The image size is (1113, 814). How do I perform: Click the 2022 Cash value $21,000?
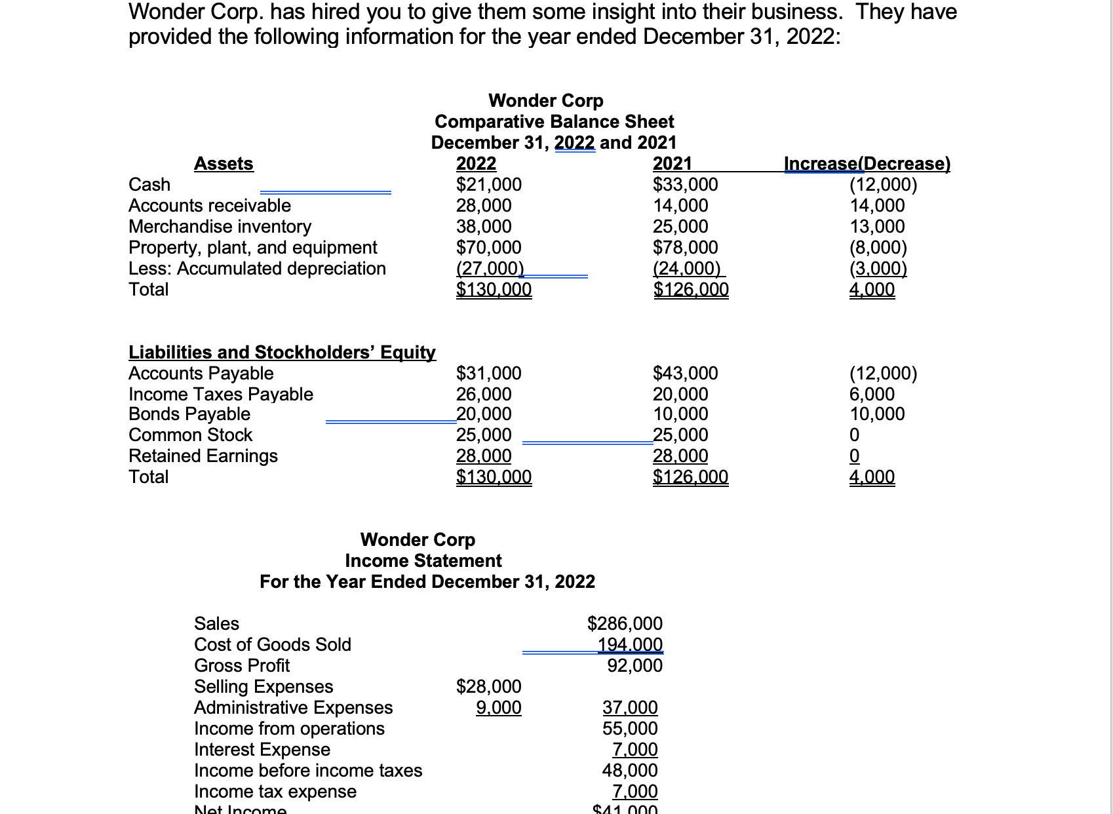488,185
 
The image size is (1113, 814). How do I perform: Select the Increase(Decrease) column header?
867,163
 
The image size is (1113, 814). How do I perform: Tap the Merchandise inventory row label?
220,227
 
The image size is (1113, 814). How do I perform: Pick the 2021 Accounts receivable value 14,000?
680,206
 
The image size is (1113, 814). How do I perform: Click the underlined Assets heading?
224,163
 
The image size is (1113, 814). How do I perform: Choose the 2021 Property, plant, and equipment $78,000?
685,248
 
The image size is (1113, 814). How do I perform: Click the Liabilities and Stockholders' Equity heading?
282,353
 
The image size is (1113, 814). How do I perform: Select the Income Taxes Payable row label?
220,395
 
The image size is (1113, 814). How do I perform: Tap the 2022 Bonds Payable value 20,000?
483,414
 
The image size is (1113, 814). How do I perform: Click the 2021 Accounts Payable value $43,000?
685,374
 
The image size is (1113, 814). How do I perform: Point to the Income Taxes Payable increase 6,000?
871,395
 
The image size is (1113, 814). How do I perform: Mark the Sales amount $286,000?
624,624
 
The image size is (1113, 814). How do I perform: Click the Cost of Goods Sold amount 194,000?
629,645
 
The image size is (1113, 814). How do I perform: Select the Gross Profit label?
241,666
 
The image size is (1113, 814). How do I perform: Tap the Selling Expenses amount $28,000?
488,687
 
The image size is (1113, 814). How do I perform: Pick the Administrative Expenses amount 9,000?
498,708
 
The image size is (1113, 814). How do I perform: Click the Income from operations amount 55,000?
629,729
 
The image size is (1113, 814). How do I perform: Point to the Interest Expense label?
262,750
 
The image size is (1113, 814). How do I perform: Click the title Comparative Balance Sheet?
554,122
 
